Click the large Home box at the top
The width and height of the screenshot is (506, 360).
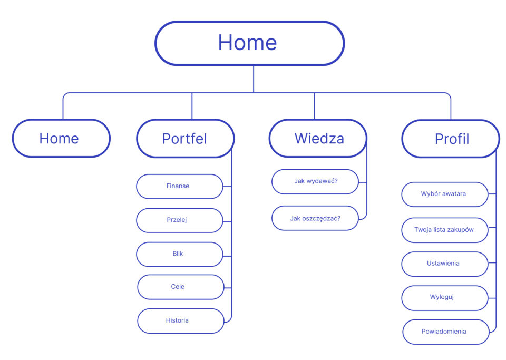coord(249,43)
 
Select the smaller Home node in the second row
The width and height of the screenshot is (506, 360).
coord(61,139)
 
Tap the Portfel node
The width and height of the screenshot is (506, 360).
coord(185,139)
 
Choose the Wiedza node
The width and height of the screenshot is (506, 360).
coord(318,139)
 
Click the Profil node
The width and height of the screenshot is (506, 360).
coord(451,139)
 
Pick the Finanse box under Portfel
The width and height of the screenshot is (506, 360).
coord(179,187)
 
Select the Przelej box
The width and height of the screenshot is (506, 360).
coord(179,220)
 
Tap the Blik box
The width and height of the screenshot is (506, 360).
coord(179,254)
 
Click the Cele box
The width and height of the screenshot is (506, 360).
coord(180,287)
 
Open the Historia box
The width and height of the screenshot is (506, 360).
coord(180,321)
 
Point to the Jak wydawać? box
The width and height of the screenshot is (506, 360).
coord(315,182)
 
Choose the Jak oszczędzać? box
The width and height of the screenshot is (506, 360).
coord(315,218)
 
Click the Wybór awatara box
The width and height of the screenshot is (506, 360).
coord(445,194)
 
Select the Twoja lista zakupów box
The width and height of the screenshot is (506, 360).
coord(445,230)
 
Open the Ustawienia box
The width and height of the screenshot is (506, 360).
coord(445,264)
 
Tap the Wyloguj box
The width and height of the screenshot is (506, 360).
coord(445,298)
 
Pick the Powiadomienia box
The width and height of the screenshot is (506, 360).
coord(446,332)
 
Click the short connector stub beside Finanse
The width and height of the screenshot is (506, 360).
coord(227,187)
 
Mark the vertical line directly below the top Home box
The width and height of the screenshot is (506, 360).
coord(254,79)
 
